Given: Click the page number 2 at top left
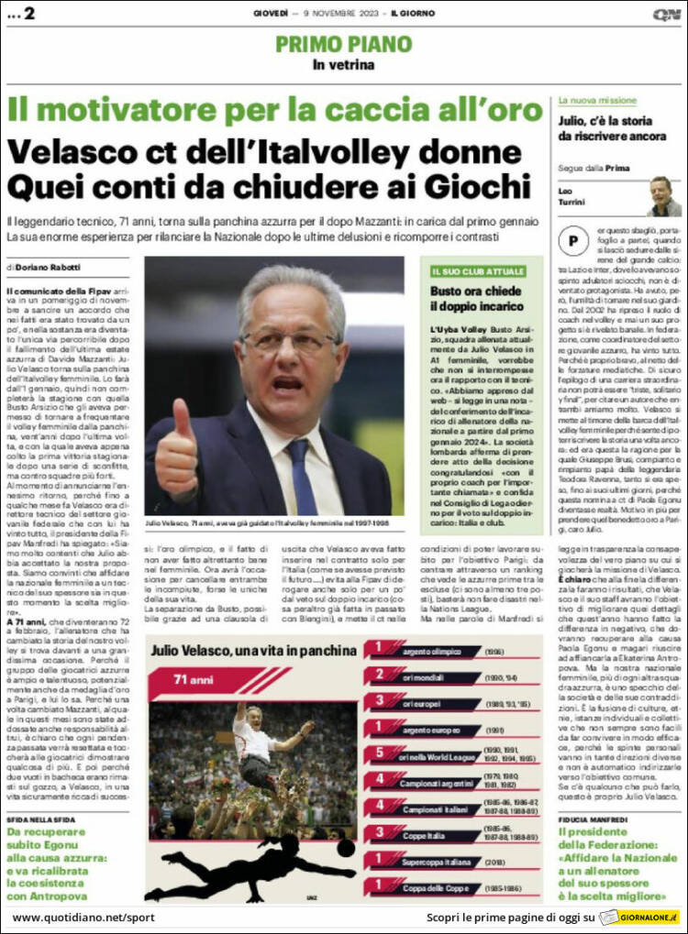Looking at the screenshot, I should [x=29, y=13].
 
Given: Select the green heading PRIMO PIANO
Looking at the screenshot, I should [x=343, y=44].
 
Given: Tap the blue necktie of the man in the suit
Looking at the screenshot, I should [x=301, y=476].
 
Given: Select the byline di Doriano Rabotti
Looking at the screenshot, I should [x=44, y=267].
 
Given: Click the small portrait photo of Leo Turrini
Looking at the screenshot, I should [x=663, y=195].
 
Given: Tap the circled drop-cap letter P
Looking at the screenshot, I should [x=574, y=242].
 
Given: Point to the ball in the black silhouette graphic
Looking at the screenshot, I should [x=345, y=849].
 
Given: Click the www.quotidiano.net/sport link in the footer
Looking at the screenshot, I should [x=83, y=917].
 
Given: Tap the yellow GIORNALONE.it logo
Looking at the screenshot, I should [x=639, y=918].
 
